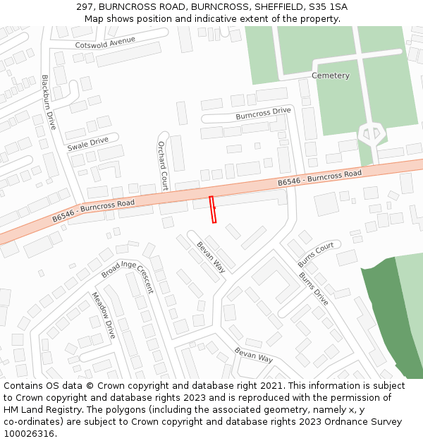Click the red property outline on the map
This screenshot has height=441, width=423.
tap(212, 210)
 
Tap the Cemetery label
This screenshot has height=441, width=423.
tap(331, 75)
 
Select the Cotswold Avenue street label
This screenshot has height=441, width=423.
tap(105, 42)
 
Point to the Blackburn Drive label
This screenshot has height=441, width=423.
tap(48, 102)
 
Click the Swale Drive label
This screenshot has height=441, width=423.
tap(88, 144)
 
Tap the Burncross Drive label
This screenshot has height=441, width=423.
tap(263, 113)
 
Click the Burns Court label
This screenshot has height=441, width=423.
tap(316, 255)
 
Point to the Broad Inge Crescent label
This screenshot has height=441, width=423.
tap(128, 277)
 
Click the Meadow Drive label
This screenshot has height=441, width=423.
tap(102, 315)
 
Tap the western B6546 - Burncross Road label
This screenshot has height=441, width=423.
tap(93, 210)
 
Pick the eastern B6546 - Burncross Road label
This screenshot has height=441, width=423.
tap(319, 178)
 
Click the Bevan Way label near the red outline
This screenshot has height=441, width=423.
tap(211, 257)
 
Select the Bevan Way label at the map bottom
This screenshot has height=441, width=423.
tap(254, 354)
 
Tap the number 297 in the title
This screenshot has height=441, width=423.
tap(86, 7)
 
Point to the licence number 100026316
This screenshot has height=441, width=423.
tap(30, 434)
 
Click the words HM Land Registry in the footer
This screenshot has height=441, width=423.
tap(43, 410)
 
